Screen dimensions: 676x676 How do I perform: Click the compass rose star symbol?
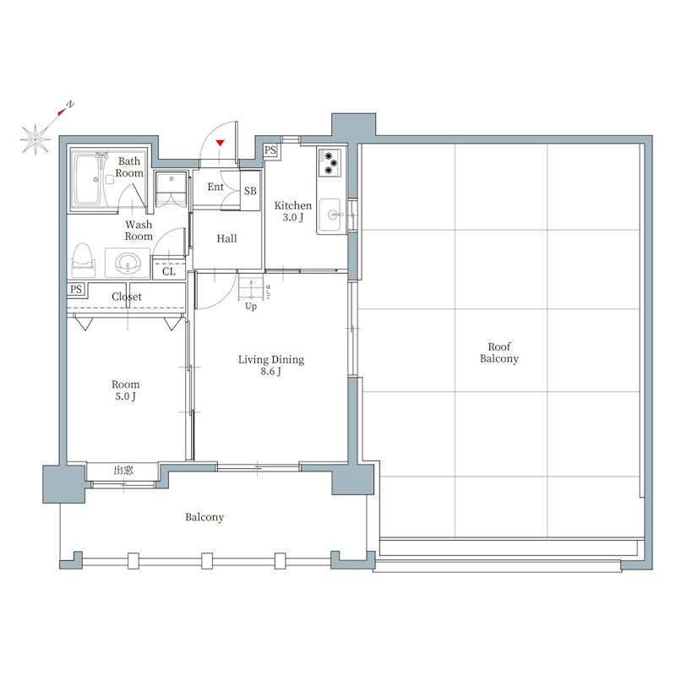click(x=35, y=139)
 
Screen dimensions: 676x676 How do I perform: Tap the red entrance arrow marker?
click(x=221, y=144)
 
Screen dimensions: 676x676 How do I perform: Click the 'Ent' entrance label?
click(x=215, y=187)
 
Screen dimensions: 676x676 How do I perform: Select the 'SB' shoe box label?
click(x=250, y=191)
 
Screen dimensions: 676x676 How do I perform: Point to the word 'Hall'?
click(x=226, y=239)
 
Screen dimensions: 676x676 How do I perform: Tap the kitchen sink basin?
click(x=330, y=214)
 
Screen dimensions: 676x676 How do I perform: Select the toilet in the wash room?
click(x=83, y=259)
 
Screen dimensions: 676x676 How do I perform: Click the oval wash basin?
click(x=127, y=263)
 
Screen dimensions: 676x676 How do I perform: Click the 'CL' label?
click(x=169, y=271)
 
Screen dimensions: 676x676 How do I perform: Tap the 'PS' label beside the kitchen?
click(x=270, y=150)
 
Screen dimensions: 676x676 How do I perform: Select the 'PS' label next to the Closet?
click(x=77, y=290)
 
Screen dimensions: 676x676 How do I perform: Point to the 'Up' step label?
click(x=251, y=307)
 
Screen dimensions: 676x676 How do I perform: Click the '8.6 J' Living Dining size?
click(x=270, y=372)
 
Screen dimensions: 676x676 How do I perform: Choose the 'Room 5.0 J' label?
click(x=126, y=390)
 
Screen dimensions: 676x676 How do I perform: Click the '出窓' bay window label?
click(x=123, y=470)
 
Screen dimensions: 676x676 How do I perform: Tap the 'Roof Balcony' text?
click(x=499, y=352)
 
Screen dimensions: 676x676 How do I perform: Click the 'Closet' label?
click(x=127, y=297)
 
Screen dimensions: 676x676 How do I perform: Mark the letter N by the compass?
click(x=70, y=105)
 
